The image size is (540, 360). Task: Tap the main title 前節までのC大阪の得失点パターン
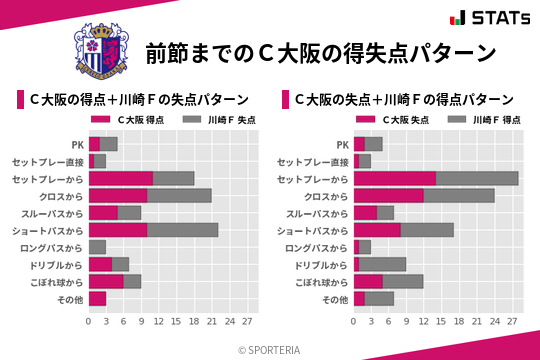click(x=320, y=52)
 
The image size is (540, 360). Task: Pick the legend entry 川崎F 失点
click(x=219, y=120)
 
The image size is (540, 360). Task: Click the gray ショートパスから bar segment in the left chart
click(x=182, y=229)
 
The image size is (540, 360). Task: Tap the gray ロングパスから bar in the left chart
click(x=97, y=247)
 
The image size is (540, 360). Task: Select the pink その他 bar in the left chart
click(x=97, y=298)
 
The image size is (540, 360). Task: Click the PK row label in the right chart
click(x=342, y=144)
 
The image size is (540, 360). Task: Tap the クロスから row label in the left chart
click(x=62, y=196)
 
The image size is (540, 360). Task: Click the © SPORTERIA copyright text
click(x=270, y=349)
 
